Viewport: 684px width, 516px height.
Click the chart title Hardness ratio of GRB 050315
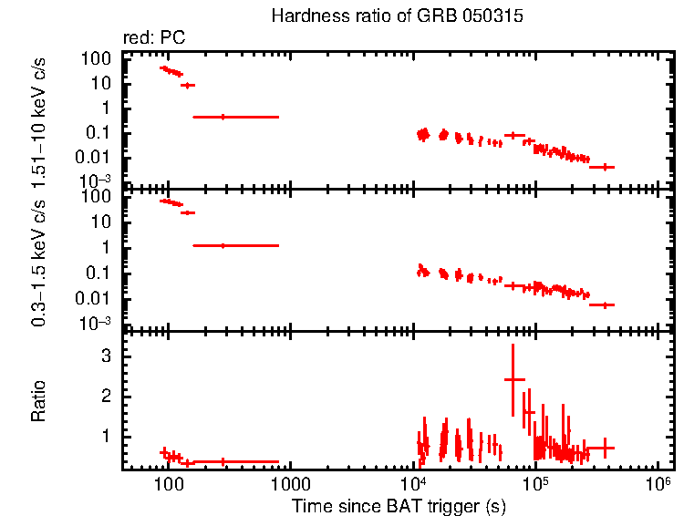pyautogui.click(x=397, y=18)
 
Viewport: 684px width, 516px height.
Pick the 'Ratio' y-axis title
pyautogui.click(x=40, y=401)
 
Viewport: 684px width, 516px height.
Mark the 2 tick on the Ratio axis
pyautogui.click(x=109, y=396)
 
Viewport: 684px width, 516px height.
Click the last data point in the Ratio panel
pyautogui.click(x=602, y=448)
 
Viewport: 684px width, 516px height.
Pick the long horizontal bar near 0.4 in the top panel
pyautogui.click(x=223, y=117)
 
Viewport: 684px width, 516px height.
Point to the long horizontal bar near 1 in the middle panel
pyautogui.click(x=223, y=245)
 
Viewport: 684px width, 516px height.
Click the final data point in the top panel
pyautogui.click(x=602, y=167)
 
